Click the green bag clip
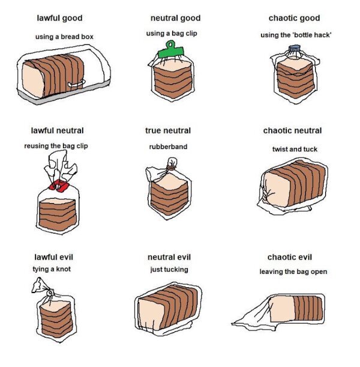[x=171, y=51]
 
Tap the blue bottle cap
[x=295, y=49]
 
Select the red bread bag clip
[x=59, y=186]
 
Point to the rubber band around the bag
[x=172, y=168]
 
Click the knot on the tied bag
[x=50, y=293]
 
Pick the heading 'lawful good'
[x=59, y=18]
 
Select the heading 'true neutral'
[x=168, y=130]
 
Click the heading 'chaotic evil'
[x=290, y=257]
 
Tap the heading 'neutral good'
[x=176, y=18]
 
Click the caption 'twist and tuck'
[x=295, y=149]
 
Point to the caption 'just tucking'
[x=169, y=270]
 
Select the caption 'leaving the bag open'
[x=293, y=271]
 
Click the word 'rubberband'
[x=168, y=147]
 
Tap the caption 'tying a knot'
[x=52, y=269]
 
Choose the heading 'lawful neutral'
[x=57, y=130]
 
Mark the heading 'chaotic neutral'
[x=292, y=130]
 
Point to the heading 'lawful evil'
[x=54, y=257]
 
